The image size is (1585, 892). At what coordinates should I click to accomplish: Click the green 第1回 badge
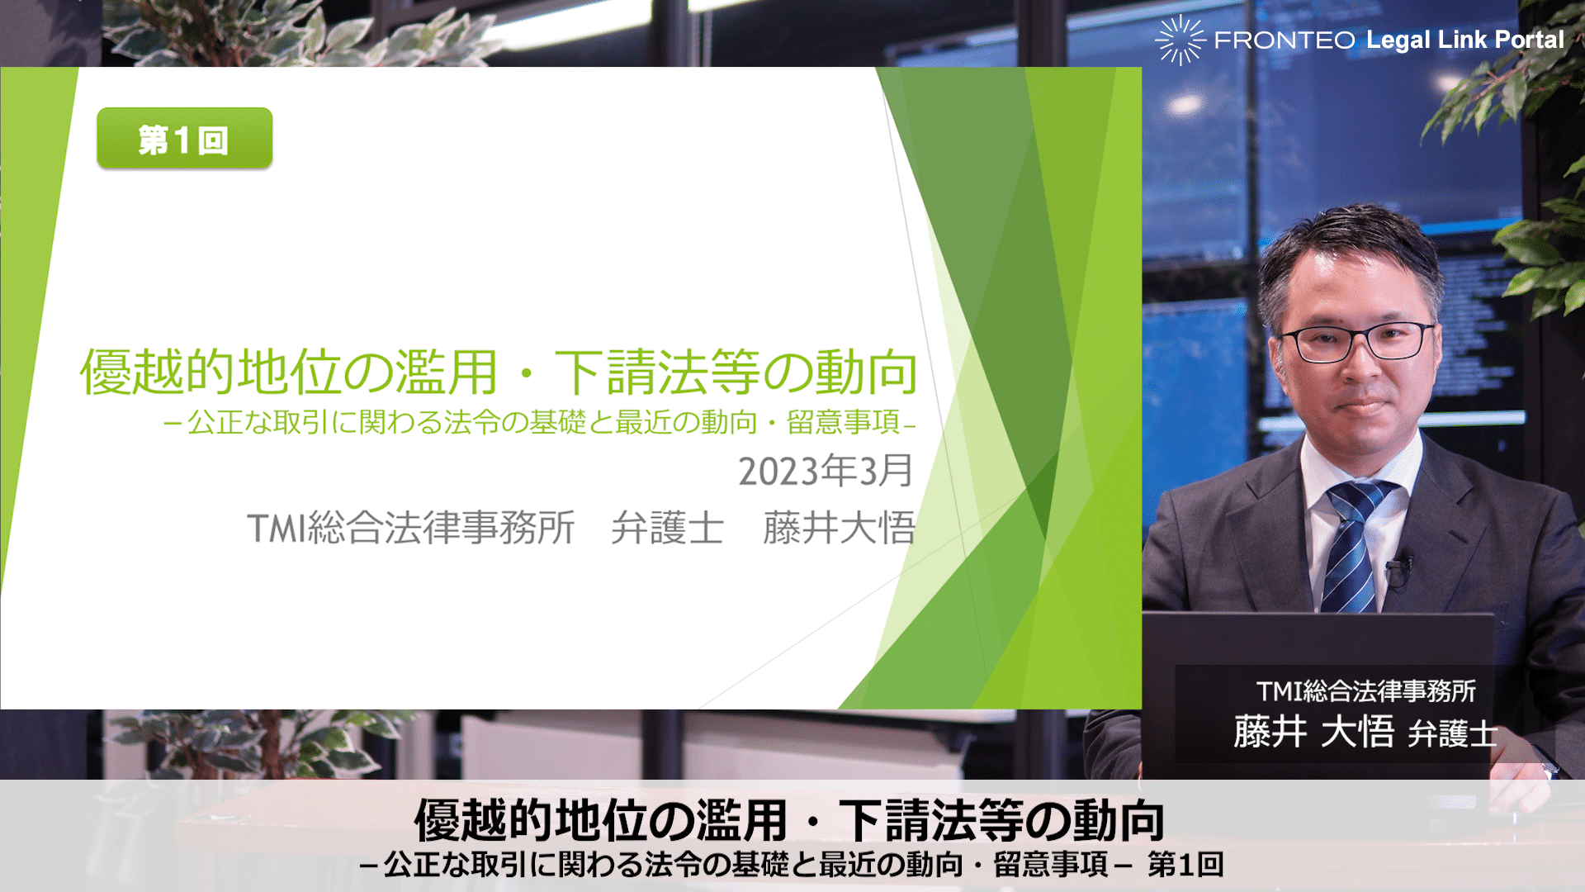(184, 139)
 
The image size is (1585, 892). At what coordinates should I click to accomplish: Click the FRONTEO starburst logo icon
(1180, 40)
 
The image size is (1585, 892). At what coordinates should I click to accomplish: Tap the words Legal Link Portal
(1464, 40)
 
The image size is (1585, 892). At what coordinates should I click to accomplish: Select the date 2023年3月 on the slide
(826, 471)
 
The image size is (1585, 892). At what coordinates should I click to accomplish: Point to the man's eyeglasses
(1358, 341)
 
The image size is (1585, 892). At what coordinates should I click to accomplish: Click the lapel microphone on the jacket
(1398, 570)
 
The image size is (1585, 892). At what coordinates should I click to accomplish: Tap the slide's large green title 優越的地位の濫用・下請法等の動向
(499, 372)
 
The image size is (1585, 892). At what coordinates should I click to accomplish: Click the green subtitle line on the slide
(540, 422)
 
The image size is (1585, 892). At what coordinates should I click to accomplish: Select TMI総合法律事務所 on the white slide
(411, 528)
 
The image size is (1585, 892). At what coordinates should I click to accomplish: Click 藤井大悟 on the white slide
(840, 528)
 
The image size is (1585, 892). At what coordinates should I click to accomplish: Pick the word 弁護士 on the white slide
(668, 528)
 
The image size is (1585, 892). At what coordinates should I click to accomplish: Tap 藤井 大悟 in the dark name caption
(1313, 732)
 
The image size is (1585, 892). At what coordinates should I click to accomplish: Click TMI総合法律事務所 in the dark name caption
(1365, 690)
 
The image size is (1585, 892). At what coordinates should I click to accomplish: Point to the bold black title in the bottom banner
(789, 820)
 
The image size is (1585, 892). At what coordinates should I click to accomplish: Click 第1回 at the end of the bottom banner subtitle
(1185, 865)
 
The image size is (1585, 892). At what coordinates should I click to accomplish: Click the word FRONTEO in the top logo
(1285, 40)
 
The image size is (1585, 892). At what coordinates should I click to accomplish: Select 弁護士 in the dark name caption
(1453, 733)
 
